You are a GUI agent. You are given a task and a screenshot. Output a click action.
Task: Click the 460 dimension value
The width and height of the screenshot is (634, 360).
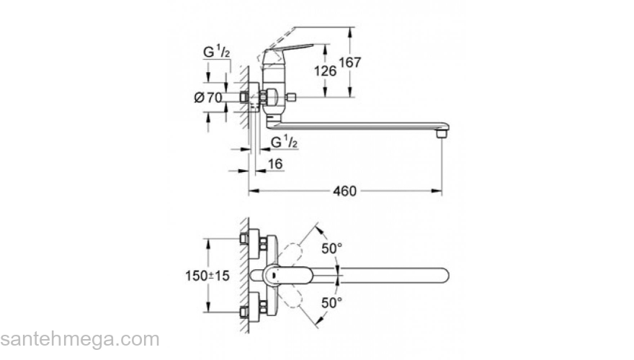coord(344,191)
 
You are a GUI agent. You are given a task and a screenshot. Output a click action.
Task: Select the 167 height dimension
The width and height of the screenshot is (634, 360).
coord(349,62)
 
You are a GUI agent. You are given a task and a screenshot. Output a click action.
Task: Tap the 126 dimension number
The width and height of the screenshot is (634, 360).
coord(325,71)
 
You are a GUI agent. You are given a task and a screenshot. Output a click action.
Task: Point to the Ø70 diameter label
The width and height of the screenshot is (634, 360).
coord(207,97)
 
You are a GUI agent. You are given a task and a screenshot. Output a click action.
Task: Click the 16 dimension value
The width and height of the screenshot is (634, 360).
coord(275,163)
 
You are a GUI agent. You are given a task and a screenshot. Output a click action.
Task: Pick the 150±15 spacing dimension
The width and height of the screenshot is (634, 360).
coord(207,276)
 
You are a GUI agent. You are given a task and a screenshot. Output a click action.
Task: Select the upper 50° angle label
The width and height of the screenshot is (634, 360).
coord(331,248)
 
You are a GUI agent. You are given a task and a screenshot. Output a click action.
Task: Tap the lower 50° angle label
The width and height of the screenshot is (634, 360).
coord(331,302)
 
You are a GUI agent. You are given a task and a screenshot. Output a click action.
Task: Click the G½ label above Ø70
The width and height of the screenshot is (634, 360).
coord(216,51)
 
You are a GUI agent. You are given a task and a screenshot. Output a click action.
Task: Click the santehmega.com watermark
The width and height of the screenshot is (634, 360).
coord(80,339)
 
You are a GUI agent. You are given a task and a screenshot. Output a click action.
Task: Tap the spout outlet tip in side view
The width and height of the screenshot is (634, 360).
coord(442,132)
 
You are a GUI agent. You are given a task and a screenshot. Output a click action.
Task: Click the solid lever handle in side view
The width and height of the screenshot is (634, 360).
coord(288,49)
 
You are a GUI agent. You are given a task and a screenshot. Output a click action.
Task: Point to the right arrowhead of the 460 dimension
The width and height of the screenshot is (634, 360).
coord(437,191)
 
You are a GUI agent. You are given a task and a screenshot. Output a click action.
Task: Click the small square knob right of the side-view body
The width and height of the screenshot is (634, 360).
coord(292,97)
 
